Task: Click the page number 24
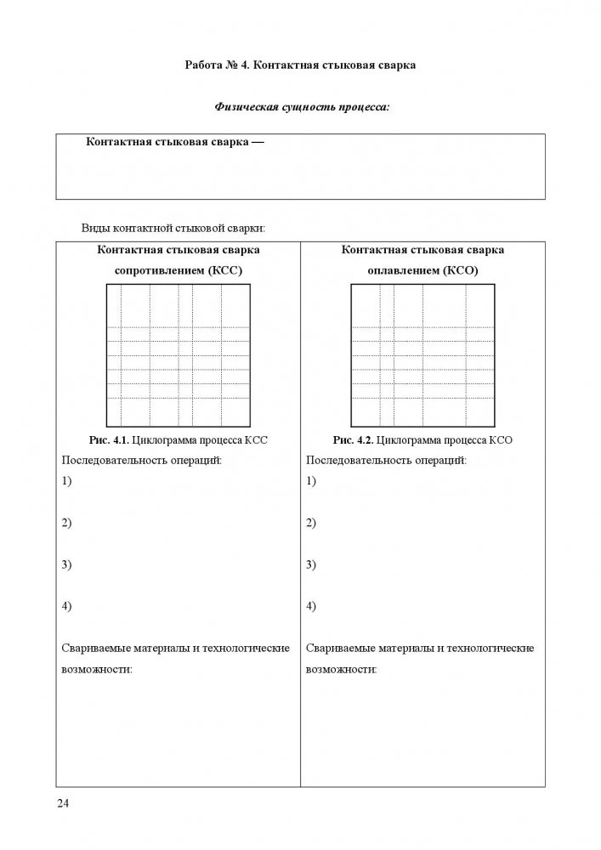click(62, 803)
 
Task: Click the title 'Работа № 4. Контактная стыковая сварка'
click(300, 65)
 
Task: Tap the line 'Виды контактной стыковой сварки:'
click(173, 228)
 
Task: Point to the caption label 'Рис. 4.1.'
click(109, 440)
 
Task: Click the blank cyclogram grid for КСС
click(178, 355)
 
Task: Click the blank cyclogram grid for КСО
click(422, 355)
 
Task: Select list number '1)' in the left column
click(67, 481)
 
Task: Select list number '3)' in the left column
click(67, 564)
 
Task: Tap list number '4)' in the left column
click(67, 606)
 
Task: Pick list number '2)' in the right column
click(311, 523)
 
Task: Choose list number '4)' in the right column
click(311, 606)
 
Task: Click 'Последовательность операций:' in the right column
click(386, 460)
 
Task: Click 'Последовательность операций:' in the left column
click(142, 460)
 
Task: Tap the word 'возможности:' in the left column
click(97, 669)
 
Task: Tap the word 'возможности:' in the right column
click(341, 669)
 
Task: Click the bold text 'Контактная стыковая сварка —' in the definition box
click(175, 143)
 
